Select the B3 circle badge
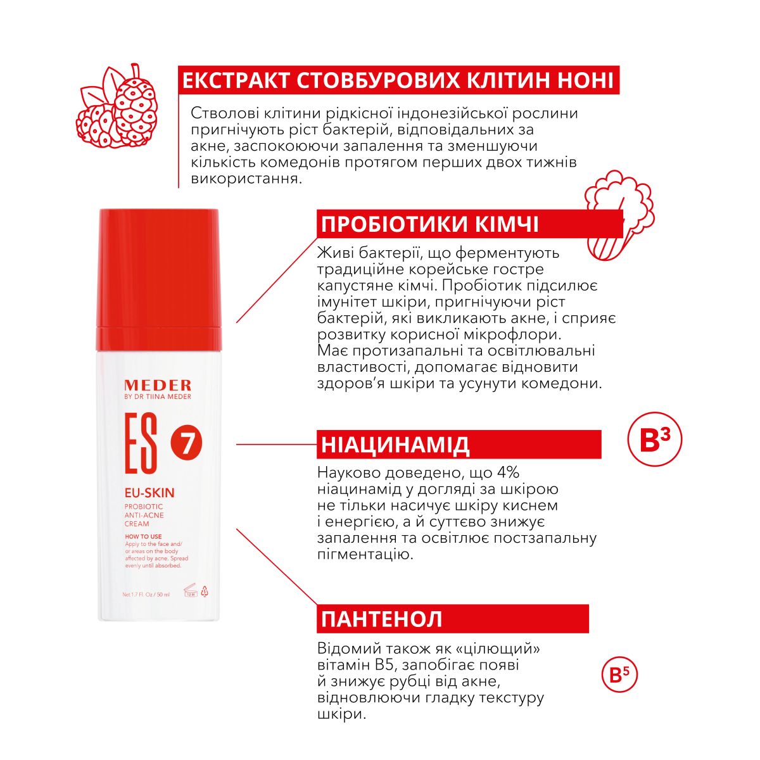click(655, 440)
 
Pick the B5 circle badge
click(619, 674)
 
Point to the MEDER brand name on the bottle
click(158, 385)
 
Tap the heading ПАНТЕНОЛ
click(381, 619)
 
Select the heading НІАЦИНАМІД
click(395, 445)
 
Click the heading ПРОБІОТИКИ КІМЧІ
click(429, 224)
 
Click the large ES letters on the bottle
click(141, 443)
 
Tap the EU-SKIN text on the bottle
click(149, 493)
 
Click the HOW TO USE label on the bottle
click(143, 536)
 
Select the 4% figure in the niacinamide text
click(503, 472)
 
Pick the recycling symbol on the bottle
click(205, 592)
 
